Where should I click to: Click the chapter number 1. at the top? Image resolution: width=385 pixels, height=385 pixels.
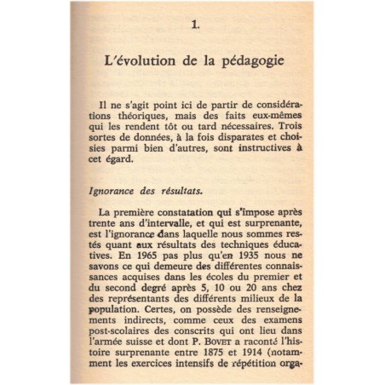(196, 26)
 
